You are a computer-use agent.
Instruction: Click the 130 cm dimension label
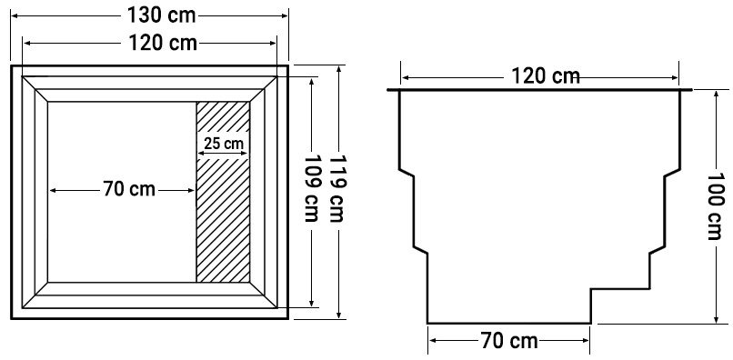[161, 15]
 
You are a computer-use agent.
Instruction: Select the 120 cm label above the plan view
[162, 43]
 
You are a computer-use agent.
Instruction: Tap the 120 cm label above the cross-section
[546, 76]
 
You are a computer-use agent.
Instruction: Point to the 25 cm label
[224, 144]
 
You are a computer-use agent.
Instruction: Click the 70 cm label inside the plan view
[129, 190]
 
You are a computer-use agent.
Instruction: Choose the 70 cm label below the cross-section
[509, 341]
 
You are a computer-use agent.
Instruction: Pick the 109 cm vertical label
[311, 188]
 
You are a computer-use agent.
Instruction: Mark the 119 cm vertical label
[337, 188]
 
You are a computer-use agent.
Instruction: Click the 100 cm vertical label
[715, 206]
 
